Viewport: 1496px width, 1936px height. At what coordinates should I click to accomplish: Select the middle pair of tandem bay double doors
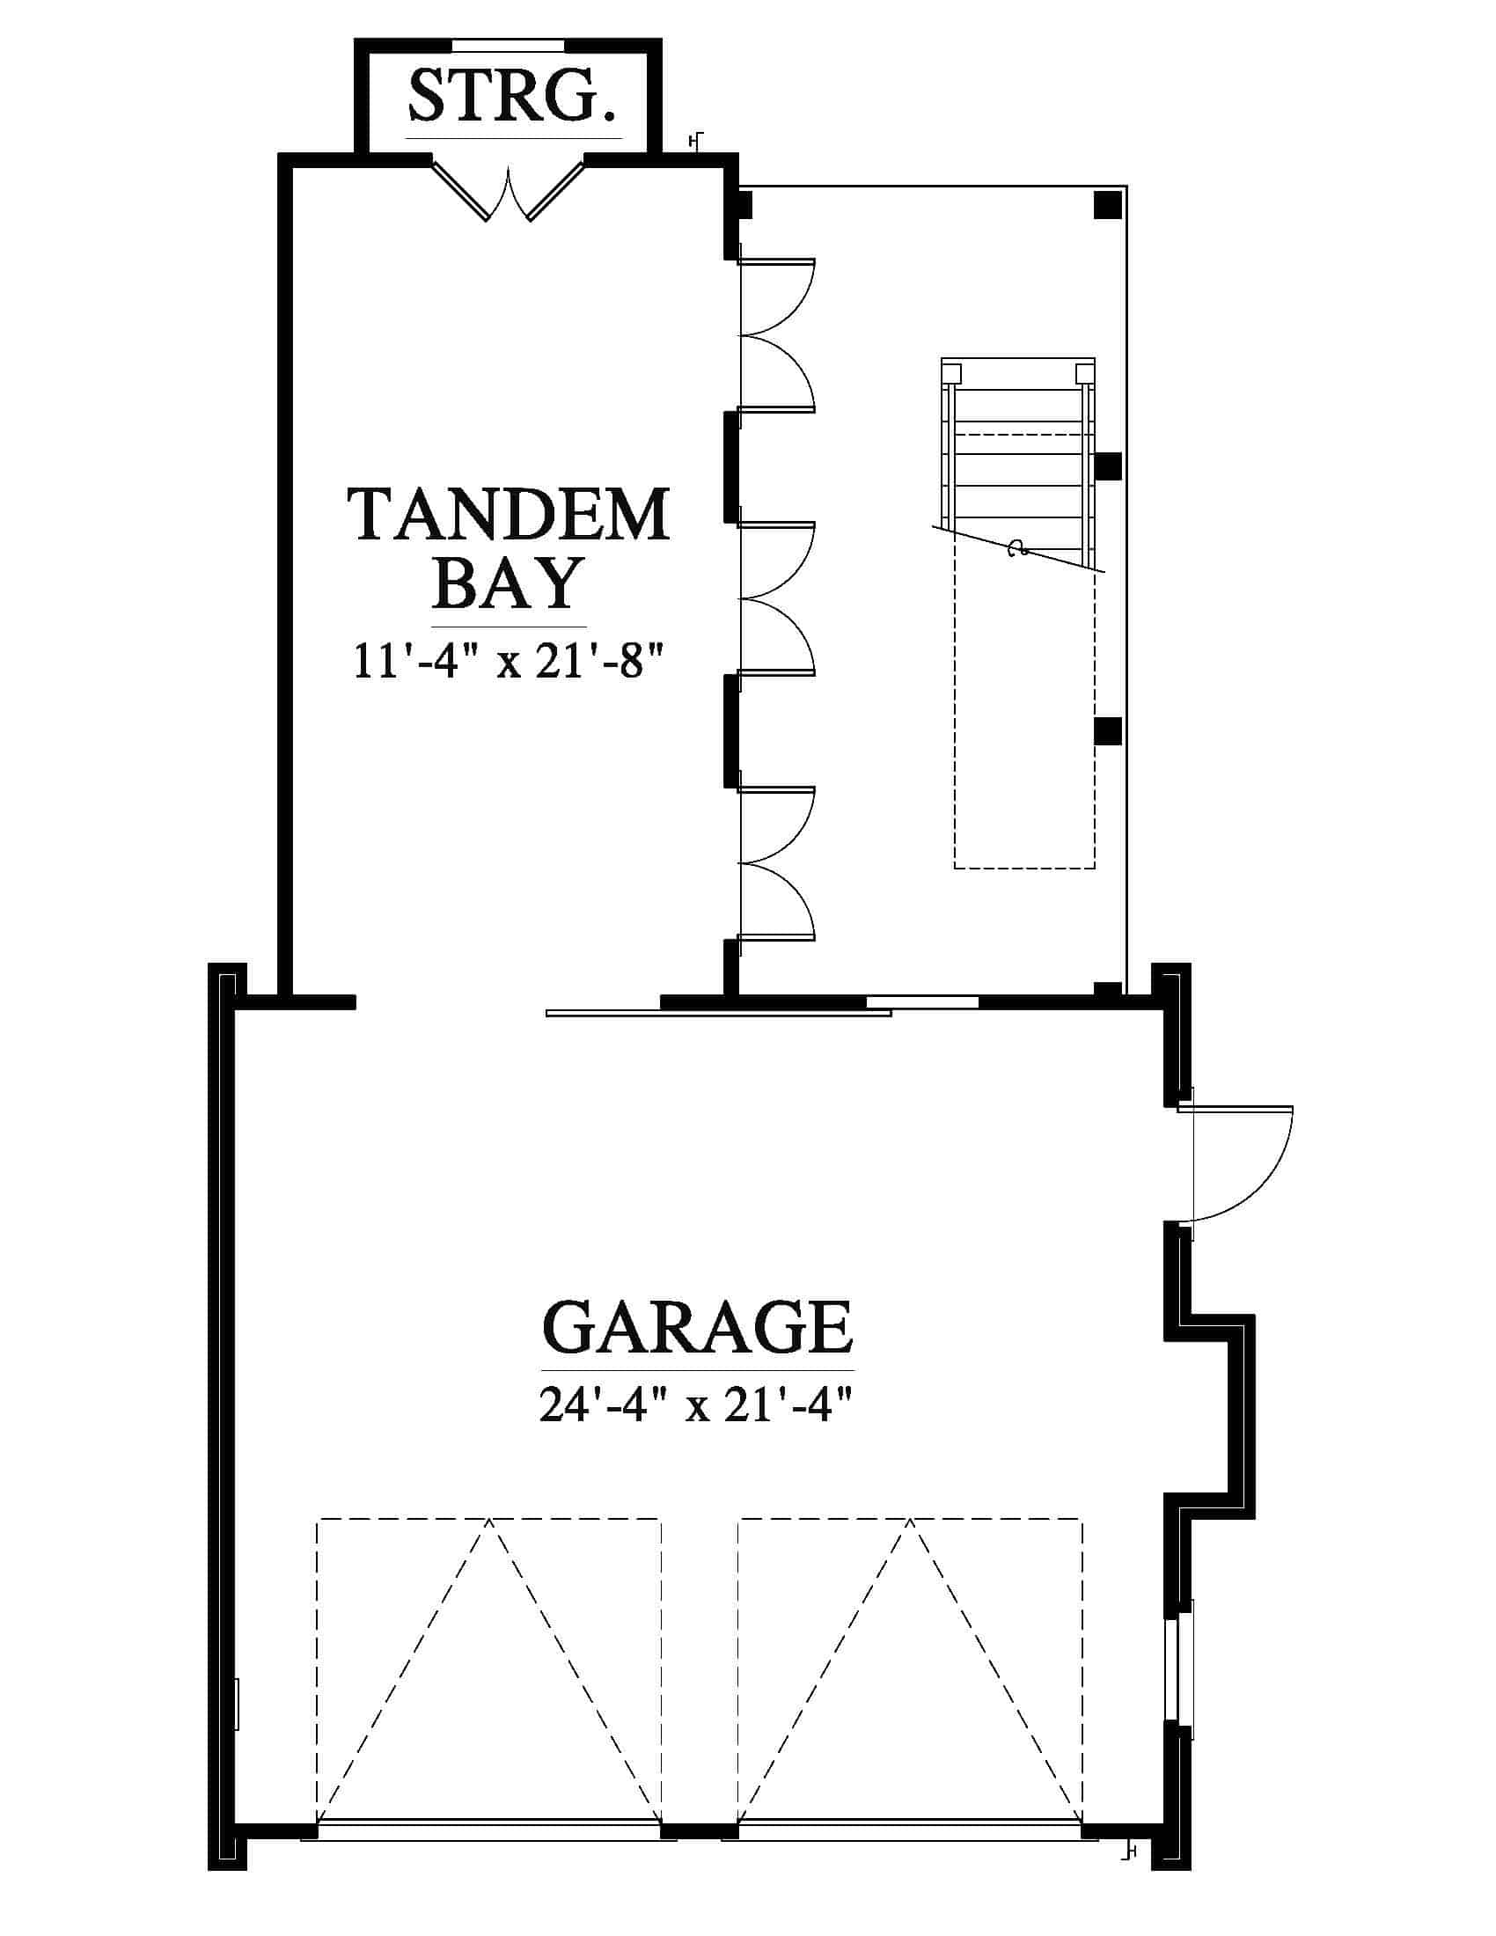[x=776, y=599]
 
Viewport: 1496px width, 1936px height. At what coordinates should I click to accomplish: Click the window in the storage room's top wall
[x=508, y=43]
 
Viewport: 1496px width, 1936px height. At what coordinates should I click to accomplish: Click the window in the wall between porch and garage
[x=921, y=1002]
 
